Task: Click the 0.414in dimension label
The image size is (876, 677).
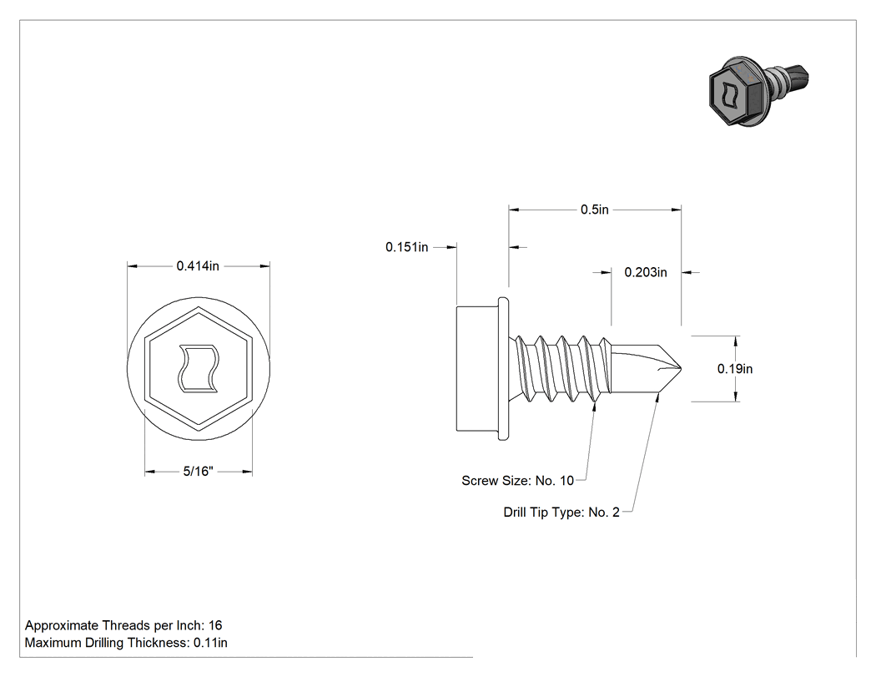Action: pyautogui.click(x=198, y=266)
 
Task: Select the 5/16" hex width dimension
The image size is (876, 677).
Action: pyautogui.click(x=199, y=472)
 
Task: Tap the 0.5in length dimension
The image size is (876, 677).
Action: pyautogui.click(x=594, y=210)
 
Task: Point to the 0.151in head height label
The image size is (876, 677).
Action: pyautogui.click(x=407, y=247)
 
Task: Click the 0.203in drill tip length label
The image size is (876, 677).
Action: pyautogui.click(x=646, y=272)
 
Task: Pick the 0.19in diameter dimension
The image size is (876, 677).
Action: pyautogui.click(x=735, y=369)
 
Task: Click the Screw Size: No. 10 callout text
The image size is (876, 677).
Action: pyautogui.click(x=517, y=481)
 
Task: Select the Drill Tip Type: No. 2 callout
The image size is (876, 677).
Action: pyautogui.click(x=561, y=513)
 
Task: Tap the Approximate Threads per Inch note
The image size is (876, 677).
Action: pyautogui.click(x=123, y=625)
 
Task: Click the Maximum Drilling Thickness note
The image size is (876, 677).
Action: pyautogui.click(x=126, y=643)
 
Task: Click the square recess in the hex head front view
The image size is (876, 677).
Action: pyautogui.click(x=199, y=368)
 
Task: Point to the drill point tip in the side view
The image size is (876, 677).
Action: pyautogui.click(x=680, y=368)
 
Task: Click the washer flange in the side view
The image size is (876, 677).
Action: pyautogui.click(x=503, y=368)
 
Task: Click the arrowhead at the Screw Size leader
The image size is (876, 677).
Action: pyautogui.click(x=594, y=407)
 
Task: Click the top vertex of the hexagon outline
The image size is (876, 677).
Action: pyautogui.click(x=199, y=307)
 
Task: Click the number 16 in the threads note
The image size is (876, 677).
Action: pyautogui.click(x=215, y=625)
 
